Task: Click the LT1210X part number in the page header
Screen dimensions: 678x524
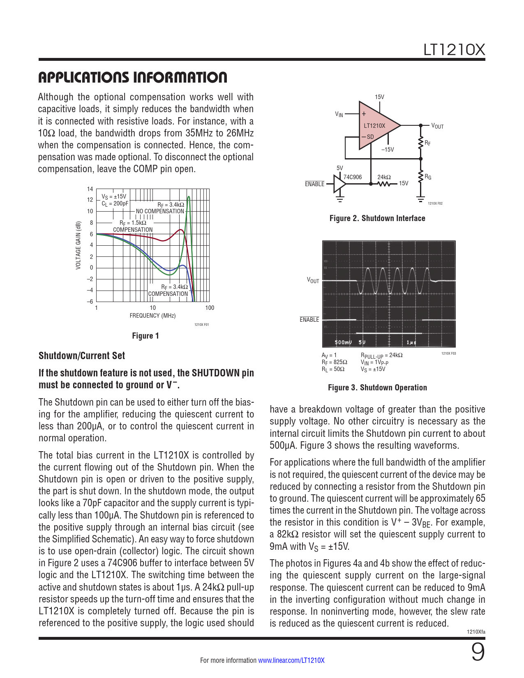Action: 454,50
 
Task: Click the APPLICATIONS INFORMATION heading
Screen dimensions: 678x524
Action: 132,77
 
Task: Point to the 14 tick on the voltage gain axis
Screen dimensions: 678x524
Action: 90,189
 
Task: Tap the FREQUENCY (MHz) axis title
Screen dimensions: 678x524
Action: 152,316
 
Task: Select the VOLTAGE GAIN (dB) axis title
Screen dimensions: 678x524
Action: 78,245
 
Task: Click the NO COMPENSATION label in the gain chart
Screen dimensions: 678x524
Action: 160,211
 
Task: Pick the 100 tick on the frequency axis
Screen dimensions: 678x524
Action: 210,308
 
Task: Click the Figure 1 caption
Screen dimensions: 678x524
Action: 145,336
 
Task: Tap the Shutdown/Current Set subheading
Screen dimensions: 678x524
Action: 82,356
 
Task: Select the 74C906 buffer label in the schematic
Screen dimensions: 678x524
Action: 353,177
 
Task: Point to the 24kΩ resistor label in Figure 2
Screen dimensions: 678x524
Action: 384,177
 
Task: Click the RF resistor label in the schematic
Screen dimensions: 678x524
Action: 428,143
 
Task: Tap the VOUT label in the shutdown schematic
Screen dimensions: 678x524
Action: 437,126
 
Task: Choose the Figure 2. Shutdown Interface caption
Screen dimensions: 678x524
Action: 377,218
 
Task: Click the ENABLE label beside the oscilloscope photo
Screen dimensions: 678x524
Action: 309,320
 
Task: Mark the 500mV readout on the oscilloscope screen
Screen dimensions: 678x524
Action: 343,342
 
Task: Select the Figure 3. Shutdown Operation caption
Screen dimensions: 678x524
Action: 377,387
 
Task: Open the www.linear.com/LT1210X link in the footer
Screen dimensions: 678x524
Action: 291,660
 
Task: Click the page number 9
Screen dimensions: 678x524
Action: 478,652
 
